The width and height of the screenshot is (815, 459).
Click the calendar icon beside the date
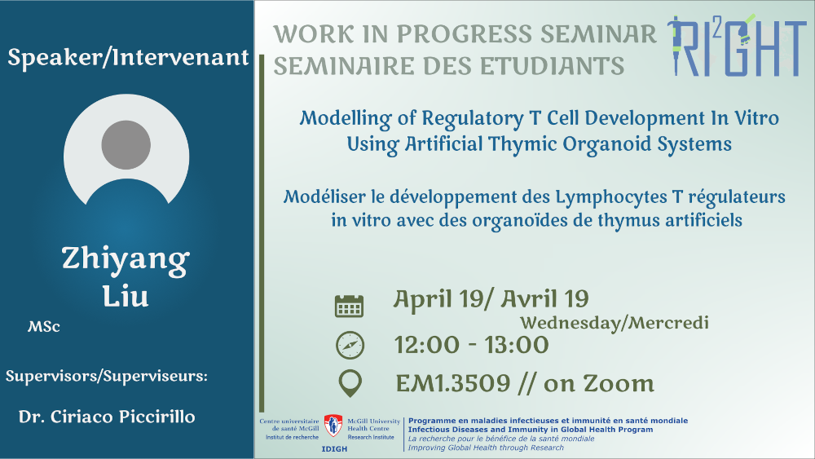pyautogui.click(x=349, y=306)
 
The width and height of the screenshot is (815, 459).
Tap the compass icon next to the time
pyautogui.click(x=350, y=345)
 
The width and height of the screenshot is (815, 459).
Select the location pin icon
pyautogui.click(x=350, y=384)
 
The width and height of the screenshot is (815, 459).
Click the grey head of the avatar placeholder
pyautogui.click(x=126, y=145)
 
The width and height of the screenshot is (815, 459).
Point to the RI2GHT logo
pyautogui.click(x=737, y=45)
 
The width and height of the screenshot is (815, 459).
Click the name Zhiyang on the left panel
pyautogui.click(x=126, y=259)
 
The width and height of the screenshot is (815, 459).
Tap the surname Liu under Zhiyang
pyautogui.click(x=126, y=296)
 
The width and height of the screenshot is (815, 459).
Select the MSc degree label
pyautogui.click(x=44, y=327)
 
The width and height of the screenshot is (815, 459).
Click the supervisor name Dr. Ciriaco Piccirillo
pyautogui.click(x=107, y=417)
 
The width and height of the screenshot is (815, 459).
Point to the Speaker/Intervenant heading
pyautogui.click(x=128, y=57)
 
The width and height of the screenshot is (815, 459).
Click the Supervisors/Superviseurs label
pyautogui.click(x=107, y=376)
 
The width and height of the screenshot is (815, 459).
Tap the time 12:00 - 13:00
pyautogui.click(x=471, y=345)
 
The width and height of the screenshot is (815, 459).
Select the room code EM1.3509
pyautogui.click(x=452, y=384)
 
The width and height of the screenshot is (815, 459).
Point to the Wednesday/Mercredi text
pyautogui.click(x=615, y=323)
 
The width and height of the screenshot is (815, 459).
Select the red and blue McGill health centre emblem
pyautogui.click(x=333, y=426)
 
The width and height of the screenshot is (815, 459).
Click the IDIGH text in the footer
pyautogui.click(x=334, y=449)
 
